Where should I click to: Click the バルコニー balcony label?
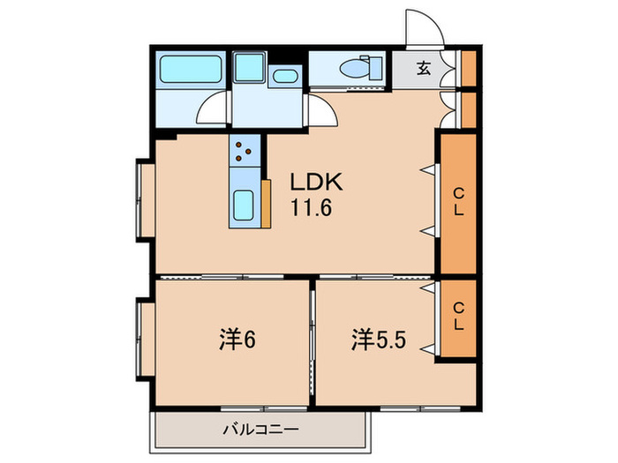pyautogui.click(x=260, y=430)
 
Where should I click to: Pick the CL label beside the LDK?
pyautogui.click(x=458, y=202)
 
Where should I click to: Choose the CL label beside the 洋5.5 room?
pyautogui.click(x=458, y=317)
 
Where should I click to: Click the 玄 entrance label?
pyautogui.click(x=424, y=69)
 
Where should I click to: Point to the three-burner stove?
pyautogui.click(x=245, y=152)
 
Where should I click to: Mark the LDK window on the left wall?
pyautogui.click(x=144, y=198)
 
